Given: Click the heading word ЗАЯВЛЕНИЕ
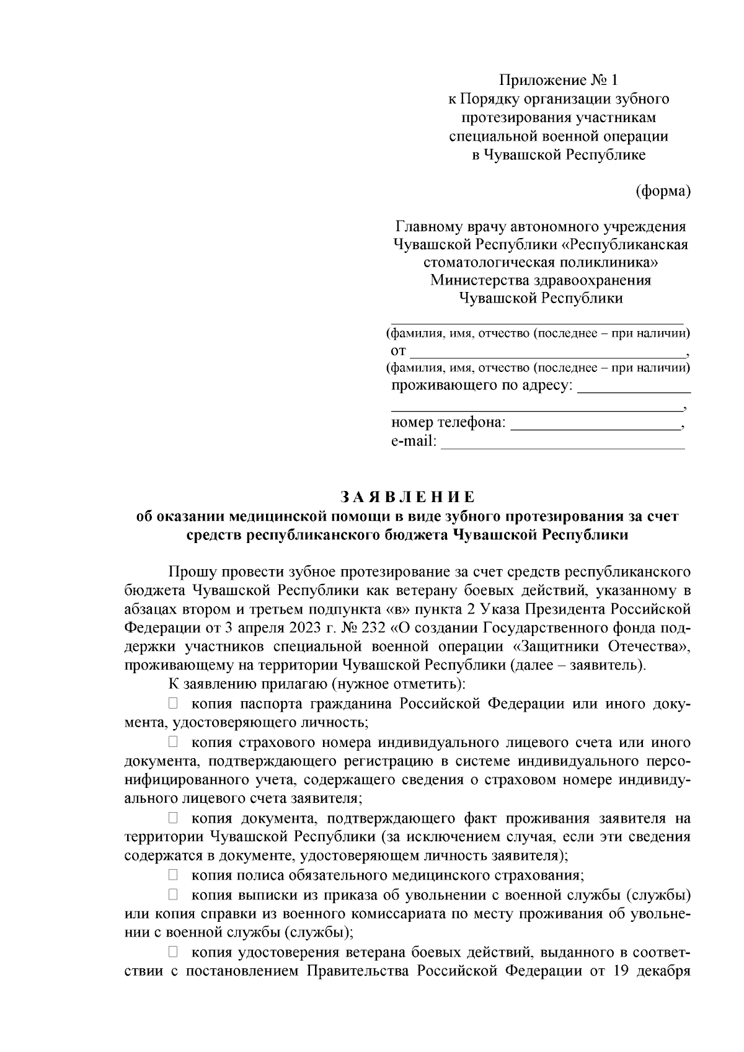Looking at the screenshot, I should click(x=407, y=498).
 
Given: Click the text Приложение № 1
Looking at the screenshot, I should click(x=559, y=80).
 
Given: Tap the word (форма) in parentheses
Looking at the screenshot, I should click(x=663, y=191).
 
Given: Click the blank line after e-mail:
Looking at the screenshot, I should click(x=562, y=443).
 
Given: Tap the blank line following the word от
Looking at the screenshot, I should click(x=548, y=352).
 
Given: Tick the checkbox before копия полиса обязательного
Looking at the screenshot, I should click(x=174, y=875).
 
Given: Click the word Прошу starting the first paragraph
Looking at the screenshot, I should click(x=190, y=570).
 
